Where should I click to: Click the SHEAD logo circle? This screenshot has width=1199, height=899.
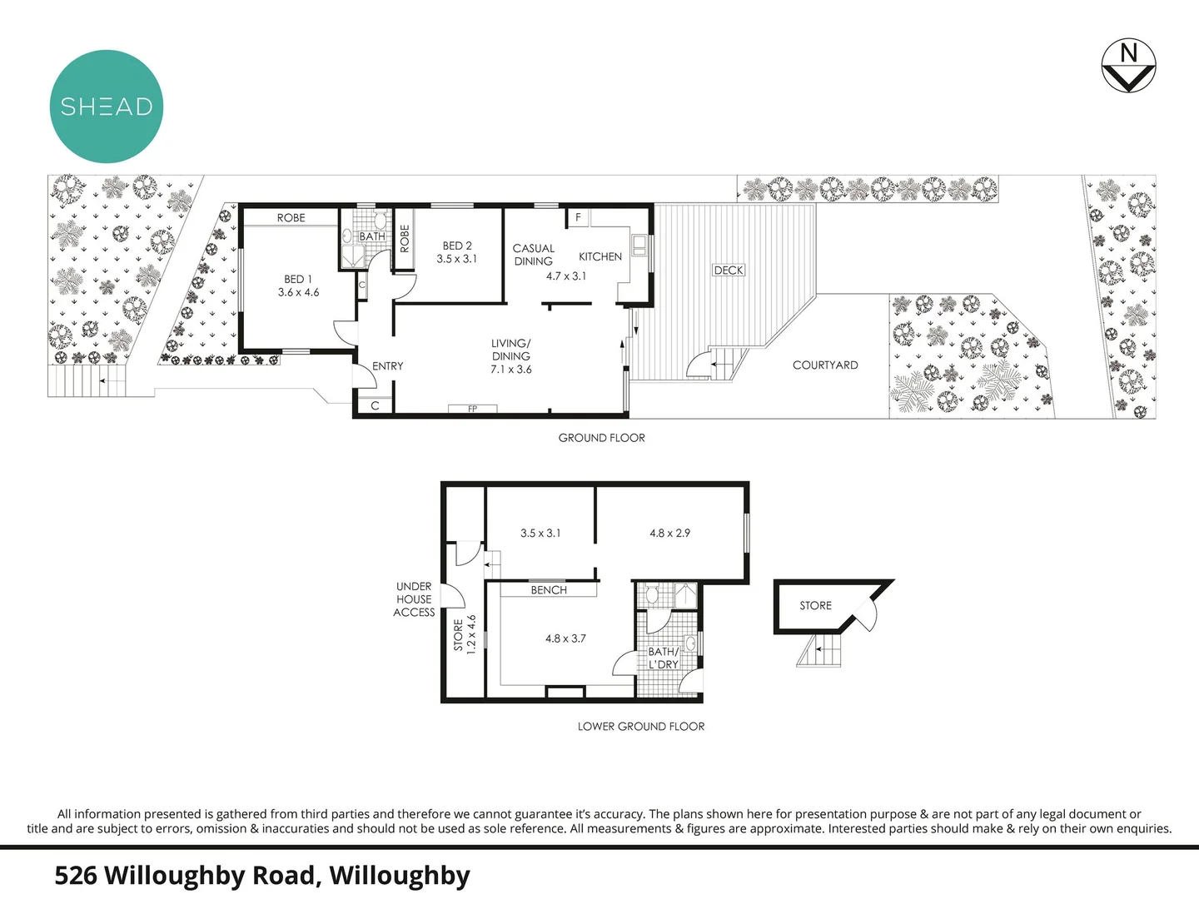(x=107, y=107)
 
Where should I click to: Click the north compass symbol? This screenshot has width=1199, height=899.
(x=1128, y=65)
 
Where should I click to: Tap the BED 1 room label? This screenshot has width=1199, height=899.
(x=298, y=279)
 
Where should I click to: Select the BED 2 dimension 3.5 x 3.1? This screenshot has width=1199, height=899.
(x=457, y=259)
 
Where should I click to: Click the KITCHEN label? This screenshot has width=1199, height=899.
(x=600, y=256)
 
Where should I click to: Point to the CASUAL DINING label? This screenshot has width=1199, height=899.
(x=534, y=255)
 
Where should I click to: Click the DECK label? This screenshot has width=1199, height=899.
(x=729, y=270)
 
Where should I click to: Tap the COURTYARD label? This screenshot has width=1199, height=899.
(x=825, y=365)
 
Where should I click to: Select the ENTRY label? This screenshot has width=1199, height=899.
(x=388, y=366)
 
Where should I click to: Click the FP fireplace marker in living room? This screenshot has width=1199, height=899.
(x=472, y=409)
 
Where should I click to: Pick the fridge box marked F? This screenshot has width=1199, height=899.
(x=579, y=218)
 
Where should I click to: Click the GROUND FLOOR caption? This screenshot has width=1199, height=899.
(x=601, y=438)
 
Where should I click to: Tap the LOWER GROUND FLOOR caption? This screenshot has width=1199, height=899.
(x=641, y=727)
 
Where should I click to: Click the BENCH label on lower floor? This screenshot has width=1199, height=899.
(x=549, y=590)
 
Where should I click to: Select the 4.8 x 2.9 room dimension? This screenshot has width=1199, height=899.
(x=670, y=533)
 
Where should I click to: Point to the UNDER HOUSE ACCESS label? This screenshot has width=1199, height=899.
(x=414, y=599)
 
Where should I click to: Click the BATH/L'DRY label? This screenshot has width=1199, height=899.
(x=664, y=658)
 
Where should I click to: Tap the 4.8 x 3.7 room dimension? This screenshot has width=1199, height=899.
(x=565, y=638)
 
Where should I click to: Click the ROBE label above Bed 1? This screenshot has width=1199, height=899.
(x=291, y=217)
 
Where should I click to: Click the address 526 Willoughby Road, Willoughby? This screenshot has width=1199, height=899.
(x=262, y=876)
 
